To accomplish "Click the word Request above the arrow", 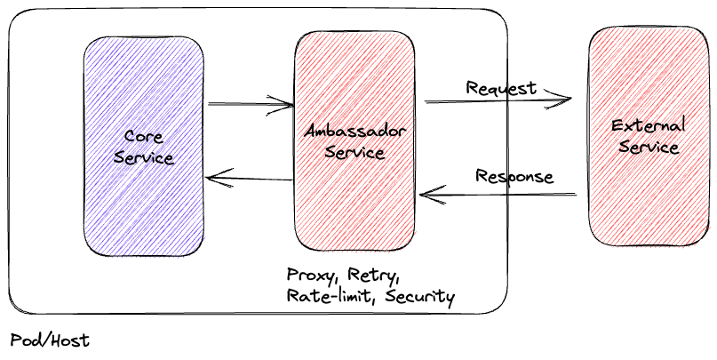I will point(501,88).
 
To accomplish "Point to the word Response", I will point(514,176).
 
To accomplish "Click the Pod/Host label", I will point(50,340).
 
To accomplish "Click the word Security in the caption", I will point(420,296).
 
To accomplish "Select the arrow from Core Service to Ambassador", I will point(251,105).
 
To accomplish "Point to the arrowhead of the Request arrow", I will point(565,100).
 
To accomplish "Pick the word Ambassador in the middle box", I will point(355,132).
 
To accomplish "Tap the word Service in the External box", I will point(649,147).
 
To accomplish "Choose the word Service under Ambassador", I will point(355,153).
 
